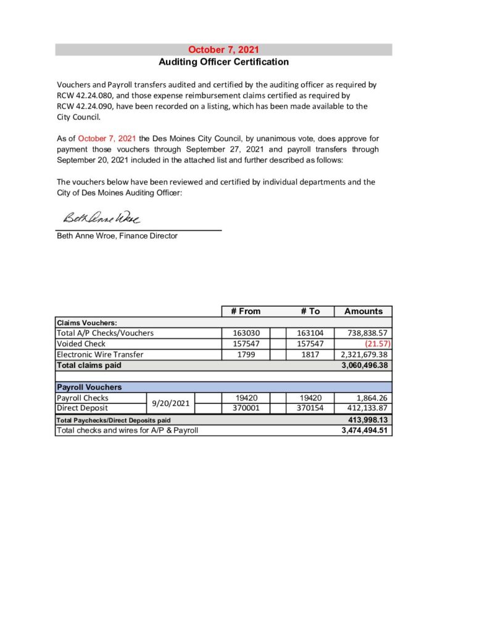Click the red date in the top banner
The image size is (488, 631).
point(223,50)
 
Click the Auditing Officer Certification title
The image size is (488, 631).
point(223,62)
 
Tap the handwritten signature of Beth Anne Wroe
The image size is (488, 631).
point(101,219)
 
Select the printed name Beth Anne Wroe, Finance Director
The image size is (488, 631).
point(117,235)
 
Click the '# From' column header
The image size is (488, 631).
point(246,311)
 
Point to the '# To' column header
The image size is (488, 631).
point(310,311)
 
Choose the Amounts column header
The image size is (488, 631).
point(363,311)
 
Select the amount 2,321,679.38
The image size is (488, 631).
point(363,354)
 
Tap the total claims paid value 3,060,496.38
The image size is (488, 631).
point(364,365)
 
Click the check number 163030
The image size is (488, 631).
point(246,333)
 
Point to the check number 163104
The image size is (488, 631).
point(310,333)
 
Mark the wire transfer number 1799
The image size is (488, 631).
point(246,354)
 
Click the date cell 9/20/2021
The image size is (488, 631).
point(171,403)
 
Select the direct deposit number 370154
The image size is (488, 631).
point(310,408)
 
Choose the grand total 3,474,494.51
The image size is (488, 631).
point(364,430)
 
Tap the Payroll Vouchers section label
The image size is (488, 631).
point(89,387)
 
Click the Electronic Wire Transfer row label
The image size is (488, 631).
point(100,354)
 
